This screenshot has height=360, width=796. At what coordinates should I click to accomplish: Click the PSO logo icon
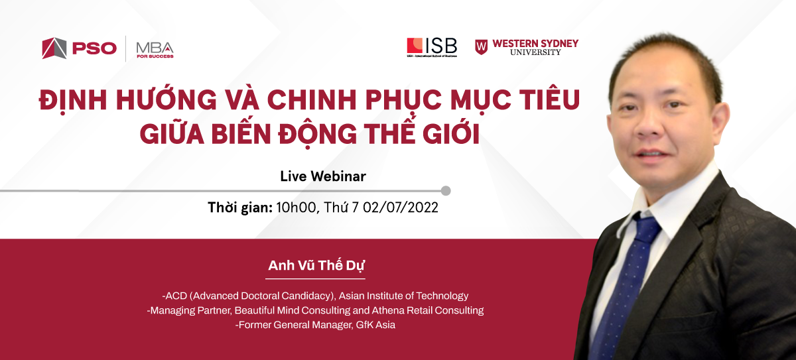[x=54, y=48]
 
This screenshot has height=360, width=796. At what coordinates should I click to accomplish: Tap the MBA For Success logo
[x=155, y=50]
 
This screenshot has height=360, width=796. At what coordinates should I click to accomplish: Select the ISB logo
[x=432, y=47]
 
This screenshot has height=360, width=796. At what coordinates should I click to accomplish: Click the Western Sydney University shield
[x=481, y=47]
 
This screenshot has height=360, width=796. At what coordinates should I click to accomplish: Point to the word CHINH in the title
[x=312, y=99]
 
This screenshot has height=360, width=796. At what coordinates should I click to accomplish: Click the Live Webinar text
[x=323, y=176]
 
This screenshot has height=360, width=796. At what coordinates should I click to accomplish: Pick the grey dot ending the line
[x=446, y=191]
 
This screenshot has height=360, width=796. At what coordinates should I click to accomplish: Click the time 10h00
[x=296, y=208]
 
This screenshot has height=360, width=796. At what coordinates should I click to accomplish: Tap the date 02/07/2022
[x=401, y=208]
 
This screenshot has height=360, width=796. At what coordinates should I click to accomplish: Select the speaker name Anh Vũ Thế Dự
[x=316, y=266]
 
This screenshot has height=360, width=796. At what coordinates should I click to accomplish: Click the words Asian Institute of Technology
[x=403, y=296]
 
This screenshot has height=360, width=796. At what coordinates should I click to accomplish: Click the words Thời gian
[x=240, y=208]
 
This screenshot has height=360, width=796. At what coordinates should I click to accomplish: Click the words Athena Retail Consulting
[x=427, y=310]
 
